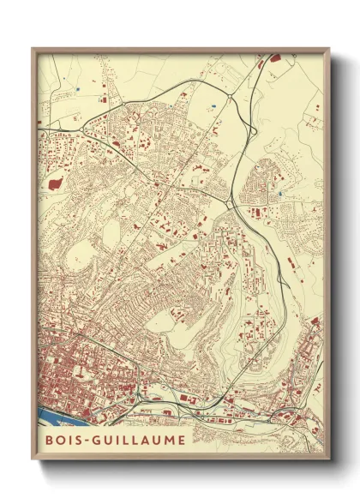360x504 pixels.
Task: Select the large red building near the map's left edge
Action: (x=57, y=182)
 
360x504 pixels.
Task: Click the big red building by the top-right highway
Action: (x=275, y=60)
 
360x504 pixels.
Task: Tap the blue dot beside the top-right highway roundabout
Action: (x=212, y=106)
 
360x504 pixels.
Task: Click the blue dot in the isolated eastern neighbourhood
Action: (x=280, y=195)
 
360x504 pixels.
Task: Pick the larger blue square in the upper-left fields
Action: (x=76, y=89)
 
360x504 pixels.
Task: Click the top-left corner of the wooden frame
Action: (x=33, y=49)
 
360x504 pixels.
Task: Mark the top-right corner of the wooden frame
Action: (x=329, y=49)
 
